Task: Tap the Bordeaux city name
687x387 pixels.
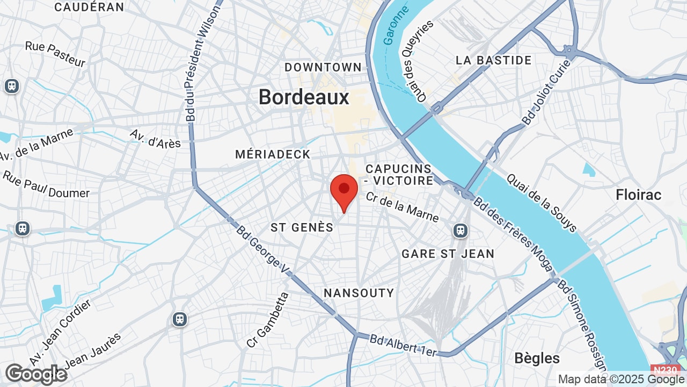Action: point(304,97)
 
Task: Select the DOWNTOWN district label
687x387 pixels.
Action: point(323,67)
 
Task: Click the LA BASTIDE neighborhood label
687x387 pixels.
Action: point(493,60)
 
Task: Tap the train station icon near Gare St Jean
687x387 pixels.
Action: point(460,231)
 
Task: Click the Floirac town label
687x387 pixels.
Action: point(639,195)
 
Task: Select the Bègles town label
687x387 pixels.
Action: point(537,358)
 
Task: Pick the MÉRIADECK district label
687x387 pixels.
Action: point(273,154)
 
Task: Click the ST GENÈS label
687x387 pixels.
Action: point(302,227)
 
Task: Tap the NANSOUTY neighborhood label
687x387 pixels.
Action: point(359,293)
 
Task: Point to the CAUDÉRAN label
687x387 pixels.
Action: point(89,7)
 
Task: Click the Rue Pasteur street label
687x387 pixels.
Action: point(55,54)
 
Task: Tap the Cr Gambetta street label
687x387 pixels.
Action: point(268,320)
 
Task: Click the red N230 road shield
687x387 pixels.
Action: point(666,370)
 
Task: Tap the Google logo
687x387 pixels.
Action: point(35,374)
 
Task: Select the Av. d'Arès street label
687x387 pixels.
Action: point(155,138)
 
